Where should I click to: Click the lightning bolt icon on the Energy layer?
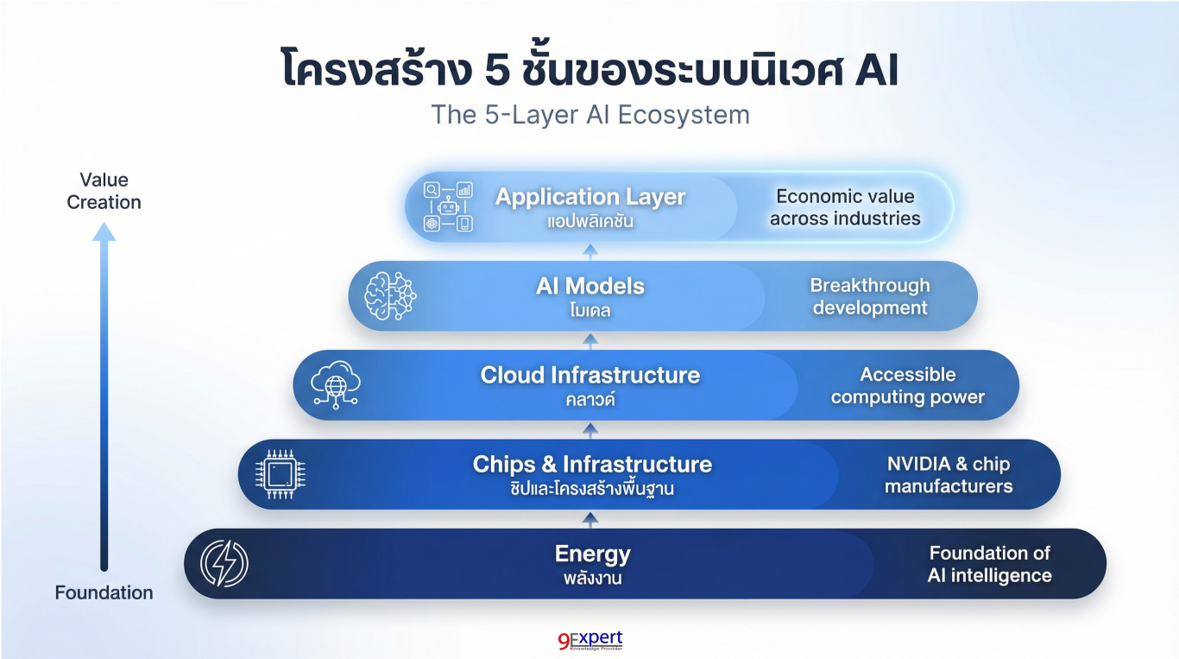(224, 564)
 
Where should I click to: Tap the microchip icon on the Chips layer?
(281, 474)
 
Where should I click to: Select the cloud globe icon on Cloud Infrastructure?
(335, 385)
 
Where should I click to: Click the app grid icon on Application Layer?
(448, 206)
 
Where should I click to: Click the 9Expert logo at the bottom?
(590, 641)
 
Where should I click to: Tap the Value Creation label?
(104, 191)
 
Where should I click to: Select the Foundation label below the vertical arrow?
(104, 592)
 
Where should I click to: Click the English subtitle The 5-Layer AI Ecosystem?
(590, 115)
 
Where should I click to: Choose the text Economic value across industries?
(845, 207)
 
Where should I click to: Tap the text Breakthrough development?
(870, 296)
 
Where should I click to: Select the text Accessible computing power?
(908, 385)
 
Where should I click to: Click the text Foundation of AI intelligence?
(990, 564)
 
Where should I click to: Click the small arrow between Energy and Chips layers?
(590, 519)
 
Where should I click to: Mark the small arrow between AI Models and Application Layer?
(590, 251)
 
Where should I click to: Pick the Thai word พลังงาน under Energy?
(592, 578)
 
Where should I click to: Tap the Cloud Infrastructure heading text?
(590, 375)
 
